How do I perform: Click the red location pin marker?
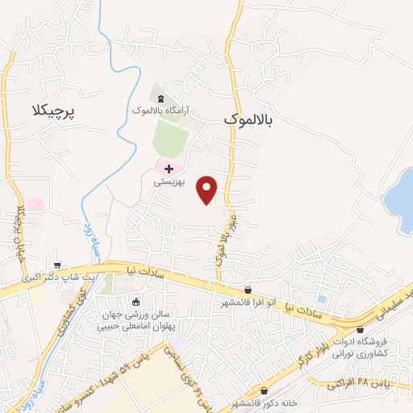208,190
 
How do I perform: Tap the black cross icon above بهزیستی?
169,169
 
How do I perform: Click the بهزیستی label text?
170,183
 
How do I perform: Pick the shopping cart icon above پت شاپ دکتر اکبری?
57,264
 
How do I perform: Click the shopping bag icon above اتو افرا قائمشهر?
248,290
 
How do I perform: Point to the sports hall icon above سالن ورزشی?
134,302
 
